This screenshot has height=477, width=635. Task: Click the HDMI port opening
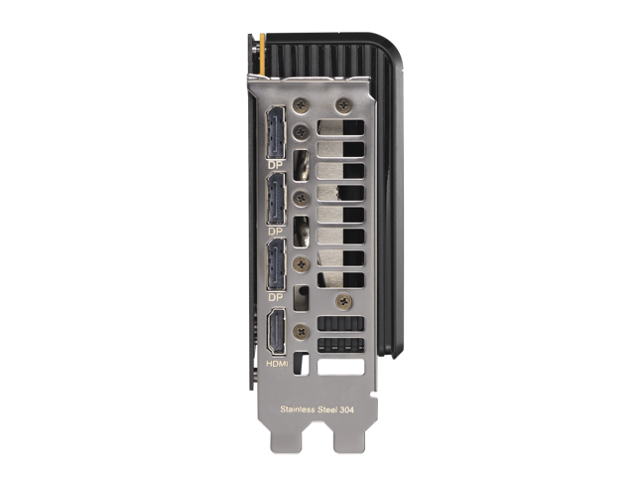tap(276, 331)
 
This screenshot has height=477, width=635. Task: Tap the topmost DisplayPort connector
tap(276, 132)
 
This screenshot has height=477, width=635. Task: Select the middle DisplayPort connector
tap(276, 199)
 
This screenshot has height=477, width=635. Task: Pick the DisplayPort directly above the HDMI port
tap(276, 265)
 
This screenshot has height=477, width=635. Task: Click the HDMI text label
tap(277, 364)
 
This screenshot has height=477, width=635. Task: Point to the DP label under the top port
tap(276, 166)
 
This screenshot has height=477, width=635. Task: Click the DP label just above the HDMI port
tap(276, 297)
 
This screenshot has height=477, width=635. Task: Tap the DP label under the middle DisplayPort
tap(276, 232)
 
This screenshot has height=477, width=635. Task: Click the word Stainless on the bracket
tap(298, 409)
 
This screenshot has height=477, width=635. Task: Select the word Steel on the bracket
tap(327, 409)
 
